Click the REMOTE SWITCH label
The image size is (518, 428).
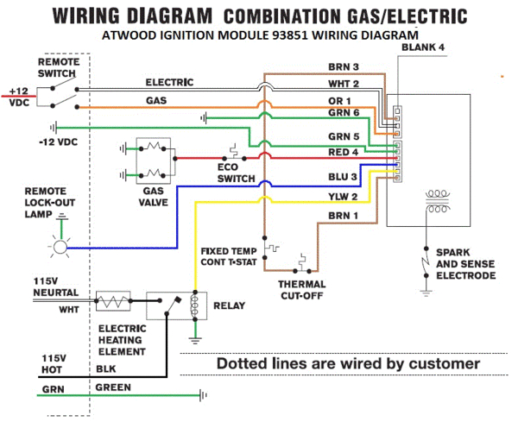59,68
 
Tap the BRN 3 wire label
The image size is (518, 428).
344,66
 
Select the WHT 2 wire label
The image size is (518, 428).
344,84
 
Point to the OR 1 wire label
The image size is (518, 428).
340,101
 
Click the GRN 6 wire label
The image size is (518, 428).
343,113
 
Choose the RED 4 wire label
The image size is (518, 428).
343,154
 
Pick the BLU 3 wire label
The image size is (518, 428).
343,177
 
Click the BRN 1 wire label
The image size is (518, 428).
343,215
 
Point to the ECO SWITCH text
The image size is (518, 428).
237,172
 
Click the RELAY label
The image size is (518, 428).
229,305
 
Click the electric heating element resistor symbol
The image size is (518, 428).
112,304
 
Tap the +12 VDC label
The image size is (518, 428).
17,98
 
